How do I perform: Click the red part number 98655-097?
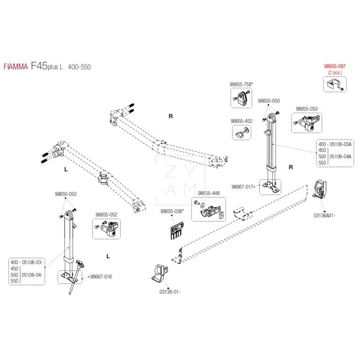[335, 66]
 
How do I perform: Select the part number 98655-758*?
[241, 84]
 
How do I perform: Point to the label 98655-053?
[306, 108]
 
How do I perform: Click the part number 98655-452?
[241, 121]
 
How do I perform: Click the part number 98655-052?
[106, 215]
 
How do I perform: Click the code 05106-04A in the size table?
[341, 156]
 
